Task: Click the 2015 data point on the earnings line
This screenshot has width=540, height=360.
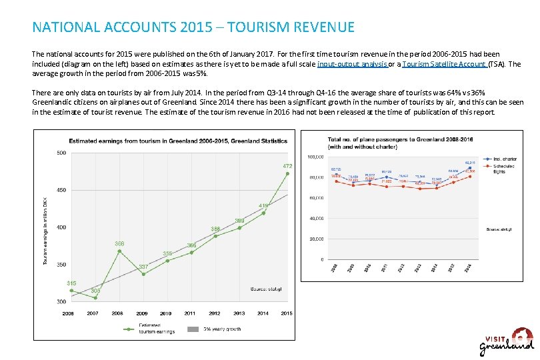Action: point(287,173)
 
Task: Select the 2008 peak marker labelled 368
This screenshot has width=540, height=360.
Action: point(119,251)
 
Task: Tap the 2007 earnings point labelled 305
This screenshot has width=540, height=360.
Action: point(95,297)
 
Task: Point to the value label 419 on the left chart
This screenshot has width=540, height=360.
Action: point(263,205)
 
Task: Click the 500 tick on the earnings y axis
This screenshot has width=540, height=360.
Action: point(61,153)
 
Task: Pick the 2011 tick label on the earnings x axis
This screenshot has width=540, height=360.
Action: point(191,313)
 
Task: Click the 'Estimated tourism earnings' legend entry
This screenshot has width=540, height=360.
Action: point(156,329)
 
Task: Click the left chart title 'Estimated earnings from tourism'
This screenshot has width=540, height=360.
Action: point(178,141)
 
